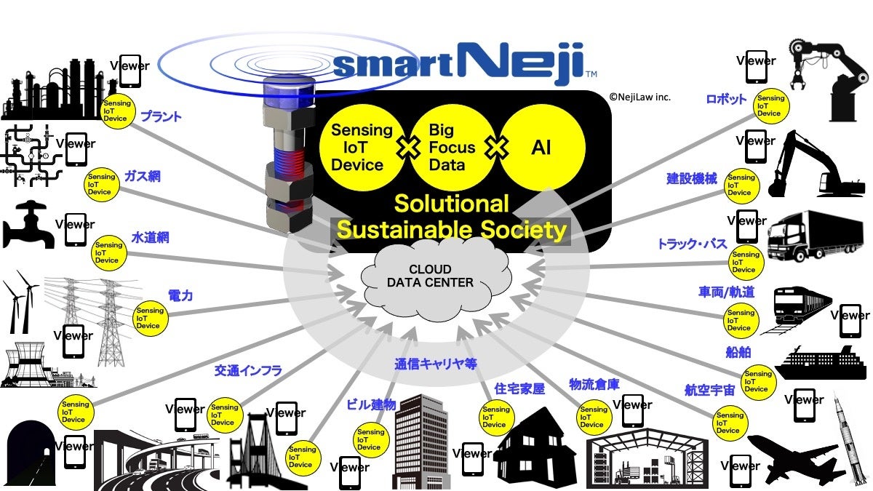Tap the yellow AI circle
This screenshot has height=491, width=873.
coord(541,148)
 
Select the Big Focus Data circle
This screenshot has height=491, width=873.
coord(452,148)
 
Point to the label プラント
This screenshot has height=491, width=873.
coord(161,116)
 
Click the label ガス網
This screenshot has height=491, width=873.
coord(142,177)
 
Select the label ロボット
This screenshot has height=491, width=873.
coord(726,100)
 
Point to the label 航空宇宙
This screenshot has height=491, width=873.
coord(710,390)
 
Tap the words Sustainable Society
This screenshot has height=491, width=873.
coord(452,230)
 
